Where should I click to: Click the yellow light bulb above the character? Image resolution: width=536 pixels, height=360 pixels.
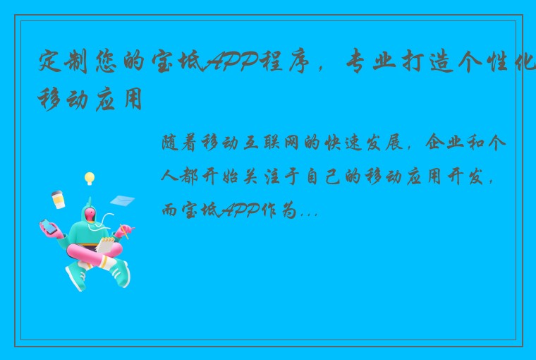tap(90, 178)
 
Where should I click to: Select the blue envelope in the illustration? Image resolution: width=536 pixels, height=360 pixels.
tap(121, 200)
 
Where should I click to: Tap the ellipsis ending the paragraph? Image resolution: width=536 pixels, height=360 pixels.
tap(310, 212)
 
